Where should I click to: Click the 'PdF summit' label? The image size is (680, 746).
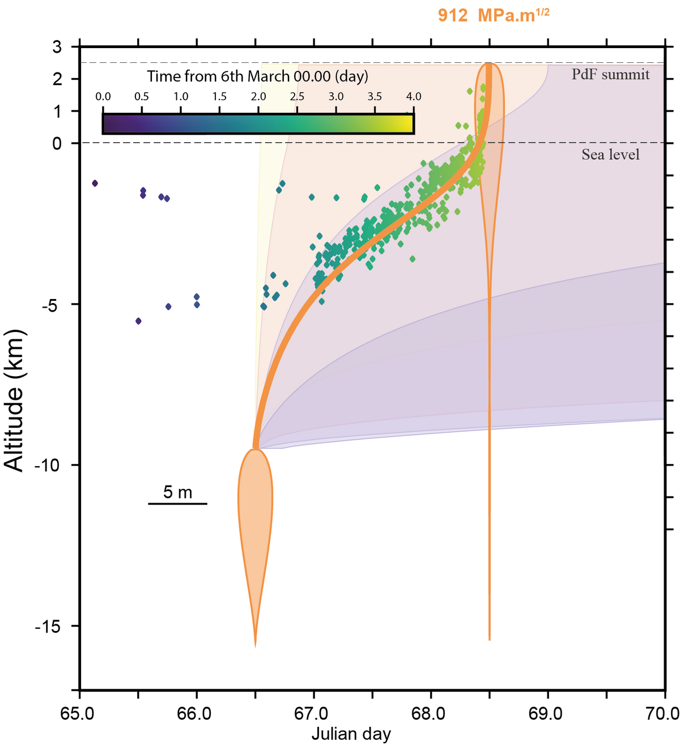click(610, 74)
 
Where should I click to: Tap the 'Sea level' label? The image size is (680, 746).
click(610, 155)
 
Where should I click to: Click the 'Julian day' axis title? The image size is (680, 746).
click(351, 735)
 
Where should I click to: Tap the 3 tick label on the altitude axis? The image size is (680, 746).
click(57, 47)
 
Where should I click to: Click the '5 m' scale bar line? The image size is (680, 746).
click(177, 503)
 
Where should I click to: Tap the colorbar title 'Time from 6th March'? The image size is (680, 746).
click(257, 76)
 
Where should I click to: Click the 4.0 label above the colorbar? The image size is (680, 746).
click(413, 97)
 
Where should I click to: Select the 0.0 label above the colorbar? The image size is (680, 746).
click(103, 97)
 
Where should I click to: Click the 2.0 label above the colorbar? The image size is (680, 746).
click(258, 97)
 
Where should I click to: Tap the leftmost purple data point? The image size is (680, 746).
click(95, 183)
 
